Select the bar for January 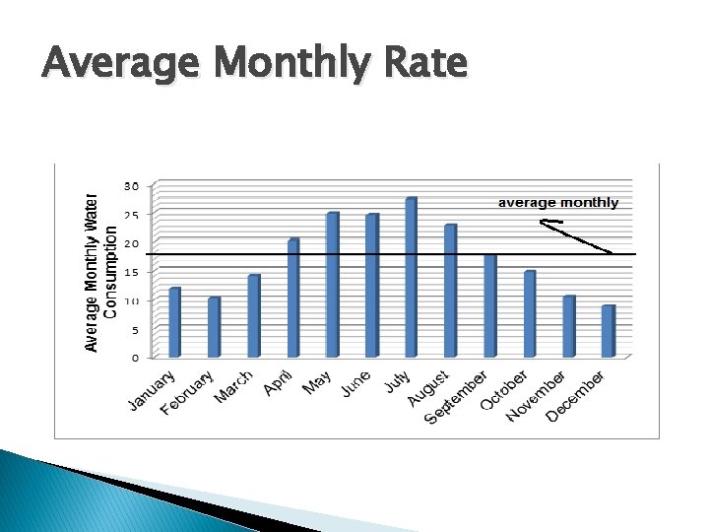click(175, 322)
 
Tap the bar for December click(609, 331)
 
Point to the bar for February click(214, 327)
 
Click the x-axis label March click(234, 386)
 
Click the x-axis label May click(316, 382)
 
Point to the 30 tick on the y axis click(130, 185)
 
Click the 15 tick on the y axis click(130, 272)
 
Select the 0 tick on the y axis click(134, 359)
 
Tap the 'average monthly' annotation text click(558, 203)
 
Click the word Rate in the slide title click(423, 64)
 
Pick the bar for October click(529, 313)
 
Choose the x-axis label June click(355, 384)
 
